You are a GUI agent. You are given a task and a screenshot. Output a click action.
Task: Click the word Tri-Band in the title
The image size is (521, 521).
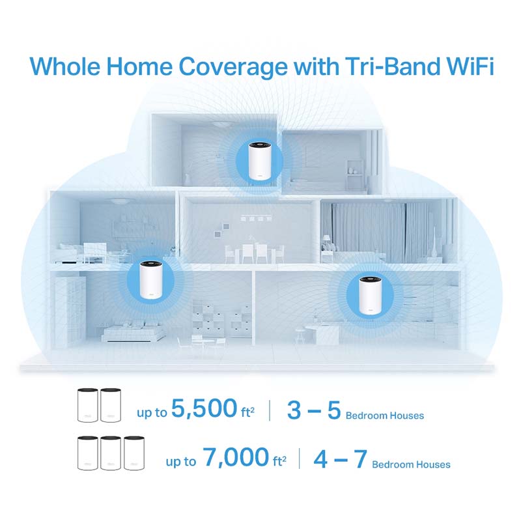tap(378, 68)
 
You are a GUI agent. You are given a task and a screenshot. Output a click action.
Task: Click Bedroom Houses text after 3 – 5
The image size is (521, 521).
tap(384, 415)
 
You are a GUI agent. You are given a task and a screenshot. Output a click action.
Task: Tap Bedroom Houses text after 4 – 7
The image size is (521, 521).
tap(411, 464)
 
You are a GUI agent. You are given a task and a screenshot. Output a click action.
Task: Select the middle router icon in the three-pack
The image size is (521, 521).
tap(111, 454)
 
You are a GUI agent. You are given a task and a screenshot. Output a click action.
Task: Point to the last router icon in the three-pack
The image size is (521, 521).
tap(135, 454)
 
